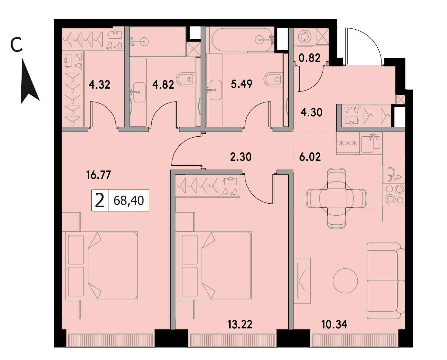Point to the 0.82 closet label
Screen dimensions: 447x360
click(310, 58)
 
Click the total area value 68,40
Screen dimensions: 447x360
click(129, 201)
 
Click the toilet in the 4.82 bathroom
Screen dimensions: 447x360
click(185, 79)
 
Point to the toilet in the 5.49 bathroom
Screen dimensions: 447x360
click(273, 79)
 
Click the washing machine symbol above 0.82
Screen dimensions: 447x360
click(304, 37)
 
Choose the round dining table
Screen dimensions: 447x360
click(336, 198)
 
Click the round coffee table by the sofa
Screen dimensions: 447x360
click(345, 281)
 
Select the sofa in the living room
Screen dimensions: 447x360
click(386, 281)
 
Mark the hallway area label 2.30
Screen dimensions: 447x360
click(241, 157)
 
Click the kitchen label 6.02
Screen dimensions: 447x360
click(310, 157)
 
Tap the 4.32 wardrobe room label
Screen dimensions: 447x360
click(99, 85)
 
